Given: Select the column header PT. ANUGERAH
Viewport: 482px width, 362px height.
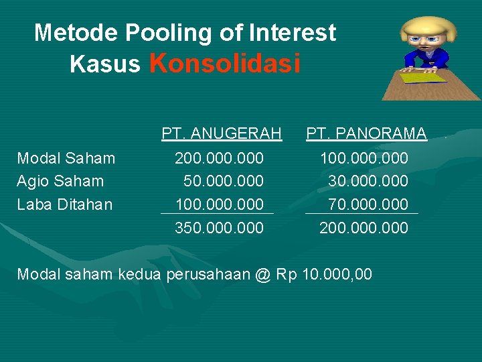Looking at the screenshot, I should (x=222, y=134).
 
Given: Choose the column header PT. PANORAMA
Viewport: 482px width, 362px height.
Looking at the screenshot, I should (x=366, y=134).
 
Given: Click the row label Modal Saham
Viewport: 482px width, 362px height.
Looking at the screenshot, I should (x=66, y=158).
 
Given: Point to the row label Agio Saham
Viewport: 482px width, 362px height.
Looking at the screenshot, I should (x=60, y=181).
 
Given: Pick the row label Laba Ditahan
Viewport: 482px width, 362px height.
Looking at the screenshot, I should (x=64, y=204).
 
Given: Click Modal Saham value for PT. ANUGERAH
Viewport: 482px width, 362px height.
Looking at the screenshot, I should (x=219, y=158).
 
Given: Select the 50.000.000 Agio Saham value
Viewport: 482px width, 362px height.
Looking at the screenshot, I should (x=224, y=181).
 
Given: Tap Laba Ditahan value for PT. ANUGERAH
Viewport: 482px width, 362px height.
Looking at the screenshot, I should (x=219, y=204).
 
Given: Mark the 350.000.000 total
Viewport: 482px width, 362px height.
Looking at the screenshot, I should (x=219, y=228).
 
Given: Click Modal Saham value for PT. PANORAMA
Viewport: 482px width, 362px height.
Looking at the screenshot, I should (x=364, y=158).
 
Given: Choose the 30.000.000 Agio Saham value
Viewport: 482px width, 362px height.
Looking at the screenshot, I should (x=368, y=181).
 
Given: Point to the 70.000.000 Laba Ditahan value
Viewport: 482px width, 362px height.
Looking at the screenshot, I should (x=368, y=204).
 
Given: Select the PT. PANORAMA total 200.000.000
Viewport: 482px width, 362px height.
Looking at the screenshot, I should (x=364, y=228).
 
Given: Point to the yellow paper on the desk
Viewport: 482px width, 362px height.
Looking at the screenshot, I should (x=424, y=77).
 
